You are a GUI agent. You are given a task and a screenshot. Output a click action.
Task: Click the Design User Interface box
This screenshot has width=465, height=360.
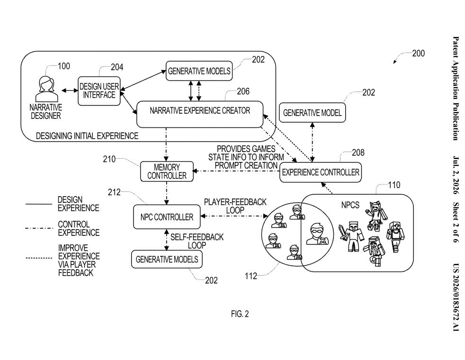(x=99, y=91)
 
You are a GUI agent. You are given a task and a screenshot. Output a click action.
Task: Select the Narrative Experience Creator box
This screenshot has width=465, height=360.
(x=199, y=114)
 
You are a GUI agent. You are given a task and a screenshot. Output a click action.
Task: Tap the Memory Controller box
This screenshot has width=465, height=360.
(x=167, y=171)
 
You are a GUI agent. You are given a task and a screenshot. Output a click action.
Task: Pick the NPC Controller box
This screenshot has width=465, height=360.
(x=167, y=217)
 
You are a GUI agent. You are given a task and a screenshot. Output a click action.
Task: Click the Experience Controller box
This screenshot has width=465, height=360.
(x=320, y=172)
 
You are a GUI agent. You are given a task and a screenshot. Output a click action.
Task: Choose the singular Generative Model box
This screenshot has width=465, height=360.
(x=312, y=113)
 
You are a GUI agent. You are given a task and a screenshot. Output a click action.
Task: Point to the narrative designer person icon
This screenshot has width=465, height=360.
(x=46, y=89)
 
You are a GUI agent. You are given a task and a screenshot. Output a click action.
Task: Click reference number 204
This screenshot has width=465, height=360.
(x=117, y=67)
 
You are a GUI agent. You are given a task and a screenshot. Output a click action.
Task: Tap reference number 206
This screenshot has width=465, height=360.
(x=243, y=91)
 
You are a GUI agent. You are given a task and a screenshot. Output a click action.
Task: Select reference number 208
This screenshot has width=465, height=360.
(x=358, y=153)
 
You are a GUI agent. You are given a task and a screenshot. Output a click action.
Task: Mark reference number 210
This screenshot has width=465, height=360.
(x=109, y=159)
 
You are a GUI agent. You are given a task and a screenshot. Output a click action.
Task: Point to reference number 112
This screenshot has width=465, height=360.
(x=251, y=276)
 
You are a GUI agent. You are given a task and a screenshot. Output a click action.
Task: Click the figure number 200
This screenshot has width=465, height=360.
(x=419, y=54)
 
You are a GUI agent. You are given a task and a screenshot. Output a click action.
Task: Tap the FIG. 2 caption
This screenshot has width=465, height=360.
(x=240, y=314)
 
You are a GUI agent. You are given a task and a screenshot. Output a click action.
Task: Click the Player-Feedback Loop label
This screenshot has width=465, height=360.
(x=235, y=206)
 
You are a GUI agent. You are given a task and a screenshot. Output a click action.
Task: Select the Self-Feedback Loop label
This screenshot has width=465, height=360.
(x=197, y=241)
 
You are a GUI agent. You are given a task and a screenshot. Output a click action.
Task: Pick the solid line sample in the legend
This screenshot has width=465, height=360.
(x=39, y=204)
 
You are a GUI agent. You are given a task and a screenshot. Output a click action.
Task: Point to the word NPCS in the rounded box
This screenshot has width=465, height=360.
(x=350, y=205)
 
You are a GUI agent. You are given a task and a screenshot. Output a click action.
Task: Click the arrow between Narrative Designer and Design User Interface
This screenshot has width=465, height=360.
(x=70, y=90)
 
